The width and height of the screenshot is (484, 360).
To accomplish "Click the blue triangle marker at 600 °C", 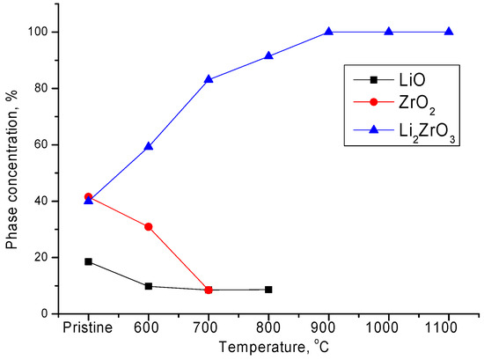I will tap(149, 146).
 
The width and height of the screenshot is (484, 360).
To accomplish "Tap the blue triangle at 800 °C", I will tap(268, 55).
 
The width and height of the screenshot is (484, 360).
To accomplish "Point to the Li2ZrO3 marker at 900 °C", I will tap(328, 32).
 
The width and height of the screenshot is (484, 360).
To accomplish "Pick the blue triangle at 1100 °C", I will tap(449, 32).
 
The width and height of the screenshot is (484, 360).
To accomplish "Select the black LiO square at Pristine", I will tap(88, 261).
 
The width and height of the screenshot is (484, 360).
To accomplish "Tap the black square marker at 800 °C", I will tap(268, 290).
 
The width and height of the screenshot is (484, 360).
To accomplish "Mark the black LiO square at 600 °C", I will tap(149, 286).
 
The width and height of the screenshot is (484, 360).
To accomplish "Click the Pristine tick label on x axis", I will tap(88, 326).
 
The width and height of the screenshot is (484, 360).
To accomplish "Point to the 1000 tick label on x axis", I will tap(388, 326).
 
